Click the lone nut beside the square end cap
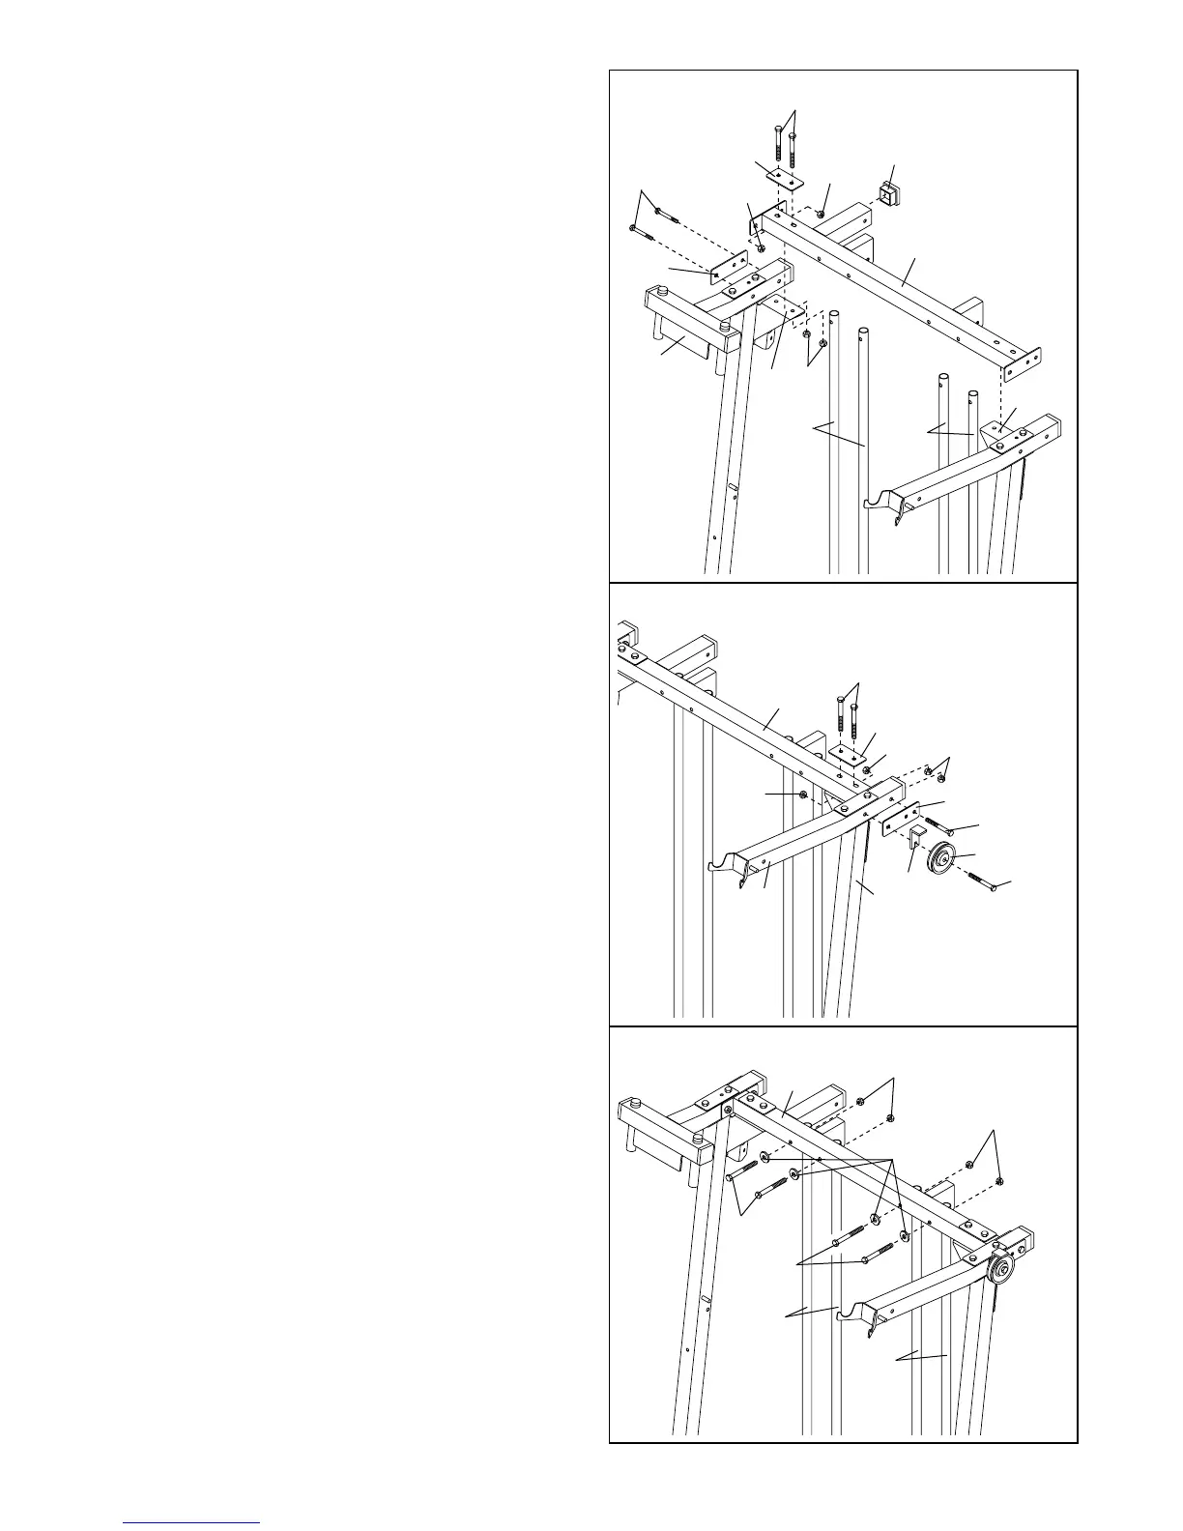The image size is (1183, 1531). pyautogui.click(x=820, y=214)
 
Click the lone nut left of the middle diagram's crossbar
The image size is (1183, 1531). pyautogui.click(x=803, y=794)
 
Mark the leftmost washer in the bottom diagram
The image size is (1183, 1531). pyautogui.click(x=764, y=1156)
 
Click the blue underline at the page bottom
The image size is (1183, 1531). pyautogui.click(x=192, y=1521)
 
